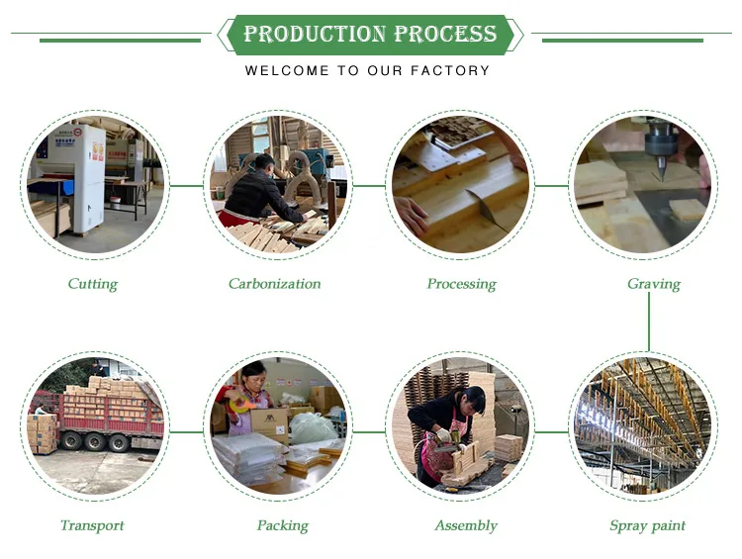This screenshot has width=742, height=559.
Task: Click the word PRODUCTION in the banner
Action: coord(314,35)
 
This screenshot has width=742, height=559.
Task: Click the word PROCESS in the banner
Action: coord(445,35)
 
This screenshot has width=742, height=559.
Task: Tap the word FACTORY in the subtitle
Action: coord(455,71)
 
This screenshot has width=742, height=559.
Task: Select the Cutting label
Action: coord(92,284)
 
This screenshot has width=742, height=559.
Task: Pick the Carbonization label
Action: coord(274,284)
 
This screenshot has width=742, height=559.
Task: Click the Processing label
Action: coord(461,284)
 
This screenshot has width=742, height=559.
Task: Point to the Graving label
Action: coord(653,284)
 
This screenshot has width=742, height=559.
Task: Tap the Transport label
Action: coord(93,525)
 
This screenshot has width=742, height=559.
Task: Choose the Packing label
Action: coord(282,525)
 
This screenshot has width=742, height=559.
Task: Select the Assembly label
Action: coord(465,525)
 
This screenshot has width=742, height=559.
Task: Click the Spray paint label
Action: coord(647,525)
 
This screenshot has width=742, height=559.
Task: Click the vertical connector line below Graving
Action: coord(650,322)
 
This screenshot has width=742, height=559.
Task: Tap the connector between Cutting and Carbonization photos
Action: coord(186,185)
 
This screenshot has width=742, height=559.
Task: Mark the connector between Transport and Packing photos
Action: coord(186,431)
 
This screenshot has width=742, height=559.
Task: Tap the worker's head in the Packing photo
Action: coord(255,375)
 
